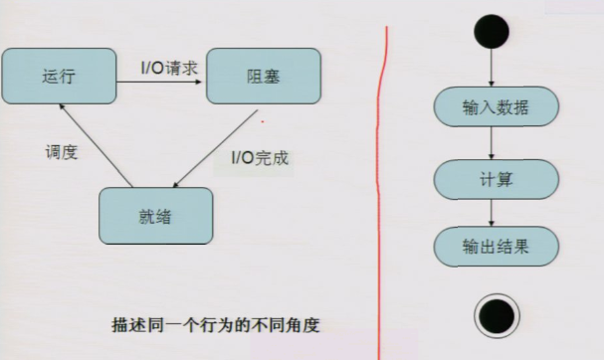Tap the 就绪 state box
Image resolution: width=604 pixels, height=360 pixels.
pos(157,215)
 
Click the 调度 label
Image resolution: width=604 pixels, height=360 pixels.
pos(62,153)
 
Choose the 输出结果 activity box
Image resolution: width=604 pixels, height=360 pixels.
pos(496,245)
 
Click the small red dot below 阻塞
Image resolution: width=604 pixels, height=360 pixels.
pos(262,122)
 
